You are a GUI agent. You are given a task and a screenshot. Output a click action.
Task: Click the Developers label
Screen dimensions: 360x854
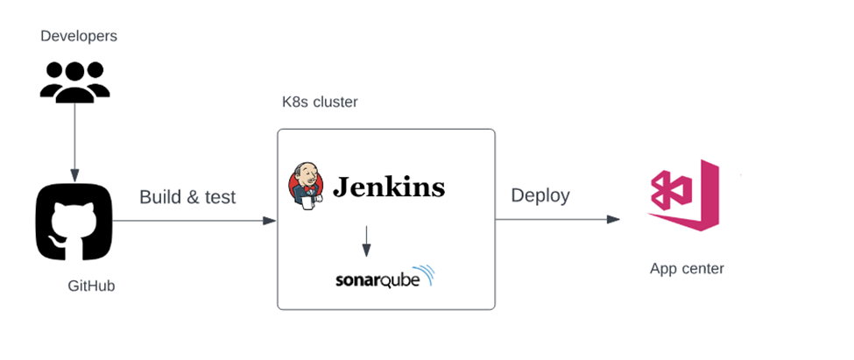[79, 36]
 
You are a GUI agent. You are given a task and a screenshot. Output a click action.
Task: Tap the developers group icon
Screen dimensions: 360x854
[75, 80]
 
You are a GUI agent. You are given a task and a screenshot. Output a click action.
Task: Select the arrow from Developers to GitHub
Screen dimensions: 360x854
[75, 140]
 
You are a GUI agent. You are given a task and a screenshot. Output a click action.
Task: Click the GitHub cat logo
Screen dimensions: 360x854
[74, 222]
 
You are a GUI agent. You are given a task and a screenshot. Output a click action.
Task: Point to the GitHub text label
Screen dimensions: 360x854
[91, 286]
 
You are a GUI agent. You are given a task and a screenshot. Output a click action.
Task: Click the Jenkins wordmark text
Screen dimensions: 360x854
[388, 187]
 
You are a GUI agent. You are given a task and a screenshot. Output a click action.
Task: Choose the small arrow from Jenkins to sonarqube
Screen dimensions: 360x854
[366, 240]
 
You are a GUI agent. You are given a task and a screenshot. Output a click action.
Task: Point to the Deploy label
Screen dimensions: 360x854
[540, 194]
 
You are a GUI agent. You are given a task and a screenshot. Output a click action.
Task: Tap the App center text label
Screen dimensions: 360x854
[687, 269]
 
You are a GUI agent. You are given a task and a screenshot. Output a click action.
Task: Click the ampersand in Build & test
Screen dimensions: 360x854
[194, 197]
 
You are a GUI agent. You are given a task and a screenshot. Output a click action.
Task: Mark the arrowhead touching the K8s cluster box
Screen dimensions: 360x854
[271, 221]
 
